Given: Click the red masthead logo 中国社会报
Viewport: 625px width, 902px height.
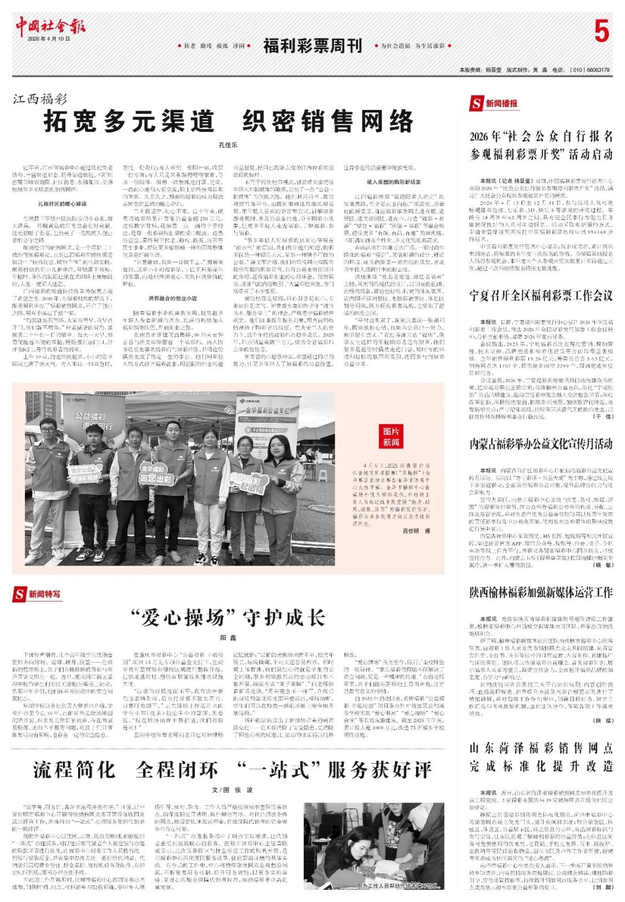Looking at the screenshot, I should point(50,25).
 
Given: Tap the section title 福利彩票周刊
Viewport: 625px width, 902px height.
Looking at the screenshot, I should point(312,46).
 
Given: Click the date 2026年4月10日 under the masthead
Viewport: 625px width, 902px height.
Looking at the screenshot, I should point(49,39).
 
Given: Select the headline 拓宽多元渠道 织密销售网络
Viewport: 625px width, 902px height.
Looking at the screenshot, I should point(229,122).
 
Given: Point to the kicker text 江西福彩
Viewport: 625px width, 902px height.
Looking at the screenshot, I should point(41,99).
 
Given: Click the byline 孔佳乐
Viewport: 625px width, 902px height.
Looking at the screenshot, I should point(228,145).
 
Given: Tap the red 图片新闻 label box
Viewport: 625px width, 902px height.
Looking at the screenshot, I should point(391,437).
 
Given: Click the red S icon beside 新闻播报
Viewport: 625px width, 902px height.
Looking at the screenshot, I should point(476,104).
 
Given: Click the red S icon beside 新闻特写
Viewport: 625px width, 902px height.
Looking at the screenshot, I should point(20,594).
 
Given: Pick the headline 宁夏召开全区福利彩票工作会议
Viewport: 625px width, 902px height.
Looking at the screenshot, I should point(541,296).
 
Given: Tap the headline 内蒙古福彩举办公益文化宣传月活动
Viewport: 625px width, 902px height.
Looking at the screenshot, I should point(541,444).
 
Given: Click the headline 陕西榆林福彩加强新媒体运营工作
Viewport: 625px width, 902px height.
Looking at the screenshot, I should point(541,592).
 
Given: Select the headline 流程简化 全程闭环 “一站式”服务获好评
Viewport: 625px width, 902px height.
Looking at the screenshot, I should point(232,769).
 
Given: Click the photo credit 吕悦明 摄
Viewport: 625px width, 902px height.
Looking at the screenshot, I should point(416,531).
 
